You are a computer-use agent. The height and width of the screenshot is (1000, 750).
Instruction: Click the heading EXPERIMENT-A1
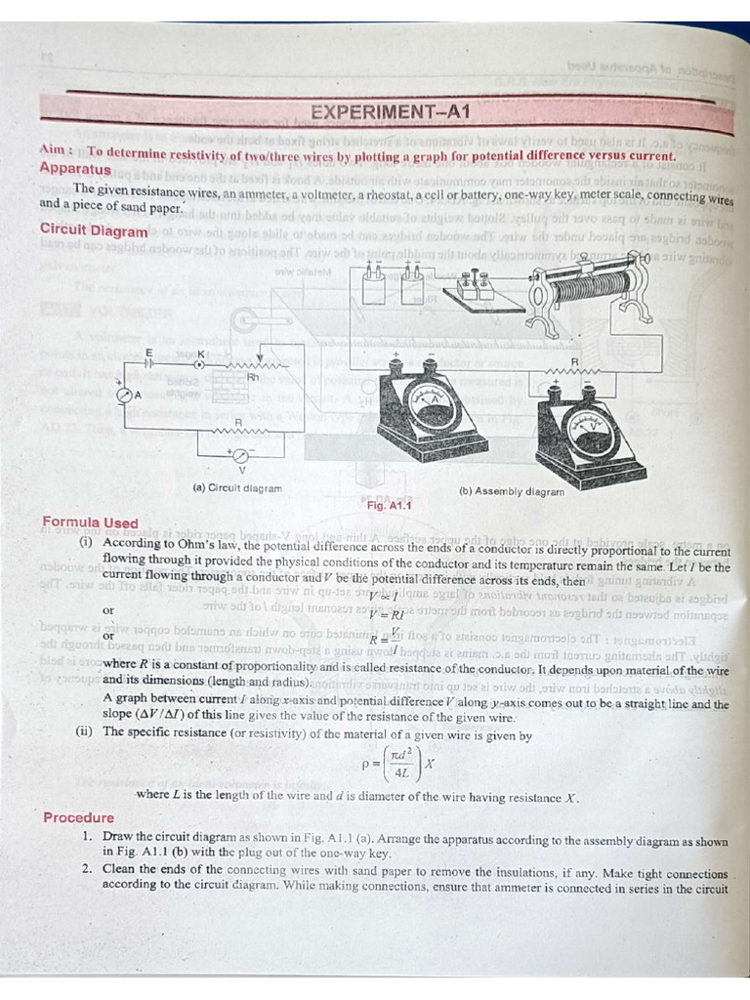click(390, 112)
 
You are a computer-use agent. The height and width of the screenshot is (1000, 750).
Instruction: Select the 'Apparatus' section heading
click(75, 170)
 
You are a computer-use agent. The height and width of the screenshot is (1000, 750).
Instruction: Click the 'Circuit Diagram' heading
click(94, 229)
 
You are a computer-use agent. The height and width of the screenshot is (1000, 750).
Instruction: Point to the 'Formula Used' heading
click(91, 522)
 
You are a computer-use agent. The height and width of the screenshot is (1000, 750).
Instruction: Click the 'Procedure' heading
click(78, 817)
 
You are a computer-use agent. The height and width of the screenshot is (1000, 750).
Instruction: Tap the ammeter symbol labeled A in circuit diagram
click(124, 395)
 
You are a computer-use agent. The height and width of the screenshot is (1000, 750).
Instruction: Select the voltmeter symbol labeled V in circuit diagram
click(240, 455)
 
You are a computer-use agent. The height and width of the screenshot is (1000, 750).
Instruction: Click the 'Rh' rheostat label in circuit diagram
click(252, 378)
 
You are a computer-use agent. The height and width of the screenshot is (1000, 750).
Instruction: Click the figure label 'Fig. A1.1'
click(390, 506)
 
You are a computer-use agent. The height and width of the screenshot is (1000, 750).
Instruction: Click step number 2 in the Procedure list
click(87, 868)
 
